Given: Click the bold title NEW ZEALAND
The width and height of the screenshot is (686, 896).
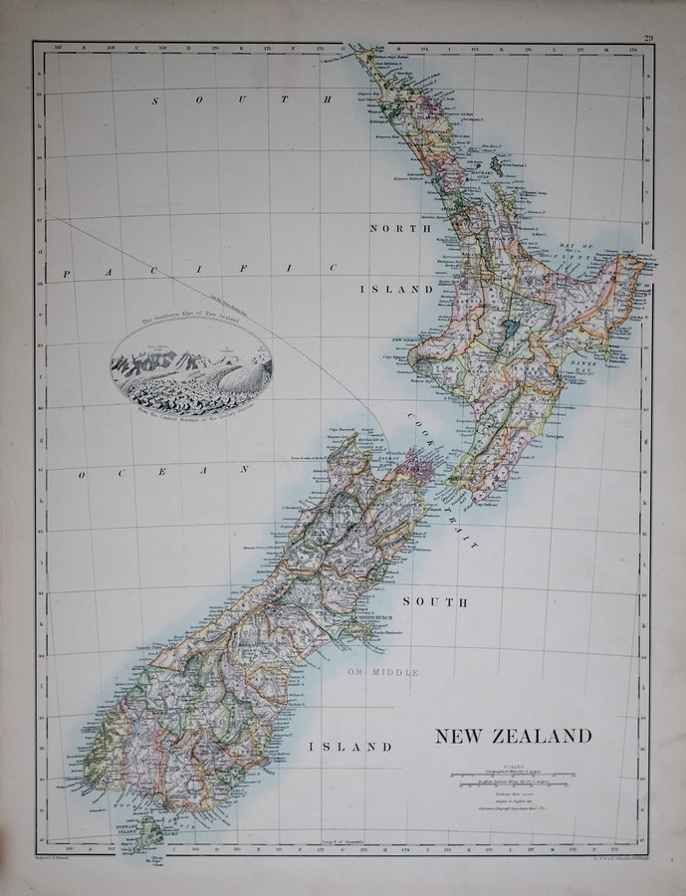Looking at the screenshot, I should [x=512, y=737].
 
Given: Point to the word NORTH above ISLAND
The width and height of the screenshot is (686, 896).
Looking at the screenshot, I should [x=400, y=228].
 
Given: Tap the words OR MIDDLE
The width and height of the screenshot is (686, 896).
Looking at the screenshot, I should [x=383, y=673].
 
